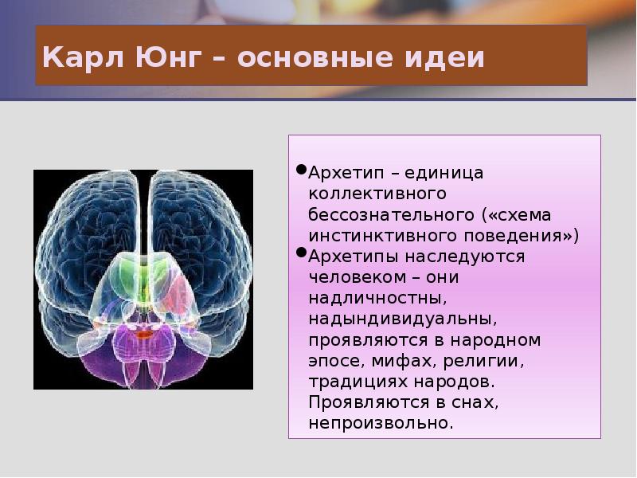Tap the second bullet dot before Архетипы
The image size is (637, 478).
point(301,253)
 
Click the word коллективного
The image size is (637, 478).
point(365,194)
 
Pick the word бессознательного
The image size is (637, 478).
point(392,215)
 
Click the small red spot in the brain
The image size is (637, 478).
point(143,335)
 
